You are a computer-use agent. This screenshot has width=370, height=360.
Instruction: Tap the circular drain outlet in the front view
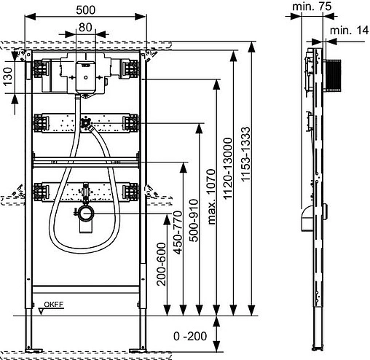point(87,214)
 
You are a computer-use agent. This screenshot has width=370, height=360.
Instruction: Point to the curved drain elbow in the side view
point(307,218)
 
